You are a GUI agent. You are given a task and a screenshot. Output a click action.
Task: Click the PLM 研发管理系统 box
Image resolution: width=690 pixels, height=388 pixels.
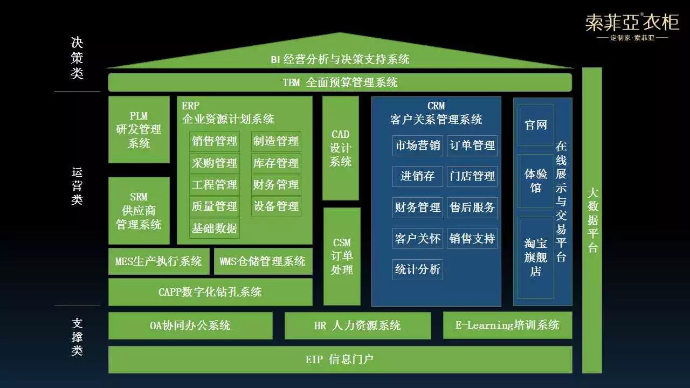click(139, 130)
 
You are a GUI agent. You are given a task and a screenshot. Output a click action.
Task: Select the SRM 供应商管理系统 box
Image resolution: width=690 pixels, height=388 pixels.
click(139, 211)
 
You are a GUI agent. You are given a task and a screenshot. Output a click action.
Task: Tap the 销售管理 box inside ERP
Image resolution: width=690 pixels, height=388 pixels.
click(215, 141)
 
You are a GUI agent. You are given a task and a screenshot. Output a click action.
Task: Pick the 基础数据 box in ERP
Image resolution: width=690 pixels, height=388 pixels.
click(215, 228)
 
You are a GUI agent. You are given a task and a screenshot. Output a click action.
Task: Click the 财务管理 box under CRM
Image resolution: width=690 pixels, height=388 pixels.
click(418, 207)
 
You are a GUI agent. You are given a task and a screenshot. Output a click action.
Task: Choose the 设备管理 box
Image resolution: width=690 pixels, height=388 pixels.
click(276, 206)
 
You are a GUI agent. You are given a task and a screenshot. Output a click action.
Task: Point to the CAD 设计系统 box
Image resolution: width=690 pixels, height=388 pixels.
click(341, 148)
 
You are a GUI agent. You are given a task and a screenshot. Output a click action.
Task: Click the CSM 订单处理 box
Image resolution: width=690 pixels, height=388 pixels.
click(342, 257)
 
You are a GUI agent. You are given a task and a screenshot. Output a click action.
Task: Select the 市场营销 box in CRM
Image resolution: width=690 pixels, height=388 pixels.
click(418, 145)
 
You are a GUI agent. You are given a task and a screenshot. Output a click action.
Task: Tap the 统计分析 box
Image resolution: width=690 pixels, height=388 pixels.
click(418, 269)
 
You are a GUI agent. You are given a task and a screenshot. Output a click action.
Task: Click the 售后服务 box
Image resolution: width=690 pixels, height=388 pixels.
click(472, 207)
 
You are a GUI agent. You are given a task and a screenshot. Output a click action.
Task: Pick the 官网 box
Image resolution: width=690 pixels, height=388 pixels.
click(536, 125)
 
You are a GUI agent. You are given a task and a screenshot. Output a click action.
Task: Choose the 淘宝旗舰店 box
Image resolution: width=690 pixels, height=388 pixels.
click(536, 258)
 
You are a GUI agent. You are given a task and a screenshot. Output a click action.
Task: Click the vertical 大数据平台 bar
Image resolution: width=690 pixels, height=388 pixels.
click(592, 220)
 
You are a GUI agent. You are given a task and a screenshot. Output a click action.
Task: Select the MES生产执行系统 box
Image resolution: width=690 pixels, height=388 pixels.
click(158, 261)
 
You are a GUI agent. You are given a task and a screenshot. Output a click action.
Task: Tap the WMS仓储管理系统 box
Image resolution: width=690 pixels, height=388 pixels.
click(263, 261)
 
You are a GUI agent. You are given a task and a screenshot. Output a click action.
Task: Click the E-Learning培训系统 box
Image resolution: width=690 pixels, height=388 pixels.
click(507, 325)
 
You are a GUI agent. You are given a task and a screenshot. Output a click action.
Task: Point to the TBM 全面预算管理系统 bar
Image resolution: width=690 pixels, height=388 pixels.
click(340, 82)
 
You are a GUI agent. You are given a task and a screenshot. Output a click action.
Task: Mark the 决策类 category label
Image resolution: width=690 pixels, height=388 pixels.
click(77, 58)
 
